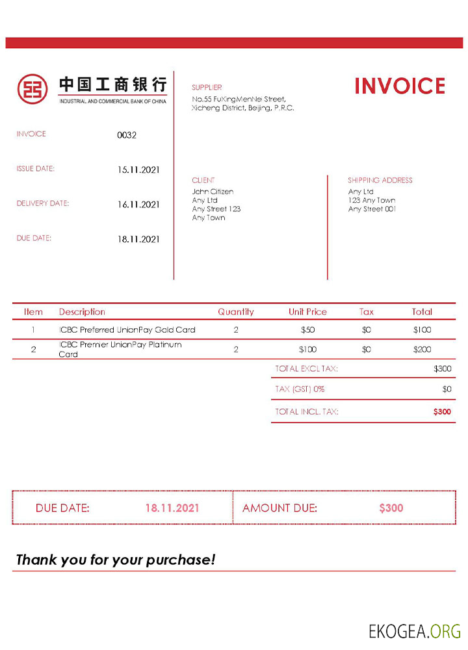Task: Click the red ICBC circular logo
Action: (x=32, y=88)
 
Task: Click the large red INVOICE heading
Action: (x=400, y=86)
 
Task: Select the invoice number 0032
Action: (x=127, y=135)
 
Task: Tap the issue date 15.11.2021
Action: (x=138, y=170)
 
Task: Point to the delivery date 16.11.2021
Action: (x=138, y=205)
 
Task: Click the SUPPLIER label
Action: (x=207, y=87)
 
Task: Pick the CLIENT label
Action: (x=203, y=180)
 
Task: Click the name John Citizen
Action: (x=213, y=192)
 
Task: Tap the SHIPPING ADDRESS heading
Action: (x=380, y=180)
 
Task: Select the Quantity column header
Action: (x=236, y=312)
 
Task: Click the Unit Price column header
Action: (x=307, y=312)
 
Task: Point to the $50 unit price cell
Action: (x=307, y=330)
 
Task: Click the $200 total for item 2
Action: (x=422, y=350)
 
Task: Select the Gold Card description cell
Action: (x=127, y=330)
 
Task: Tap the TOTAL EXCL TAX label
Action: (x=306, y=369)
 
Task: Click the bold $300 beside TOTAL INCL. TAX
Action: (x=442, y=411)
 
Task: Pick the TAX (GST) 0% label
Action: (x=300, y=389)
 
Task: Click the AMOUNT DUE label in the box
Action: (x=279, y=508)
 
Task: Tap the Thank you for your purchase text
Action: (x=115, y=560)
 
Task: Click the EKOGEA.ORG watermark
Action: (x=415, y=630)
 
